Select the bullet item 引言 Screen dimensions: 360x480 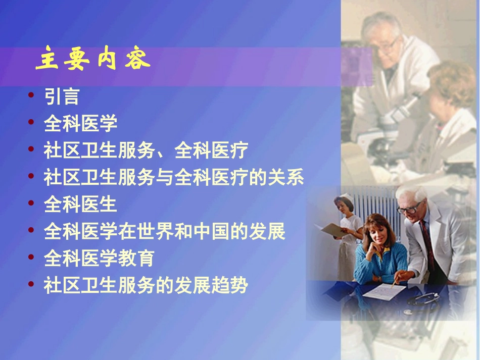(61, 96)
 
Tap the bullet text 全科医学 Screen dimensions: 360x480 (80, 123)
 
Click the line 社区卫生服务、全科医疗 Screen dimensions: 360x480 (146, 150)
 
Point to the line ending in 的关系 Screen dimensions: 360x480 (174, 178)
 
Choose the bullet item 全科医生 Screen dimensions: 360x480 (80, 204)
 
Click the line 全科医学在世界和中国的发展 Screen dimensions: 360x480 (165, 232)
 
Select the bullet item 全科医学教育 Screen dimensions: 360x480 (99, 259)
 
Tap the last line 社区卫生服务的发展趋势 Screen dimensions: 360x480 (146, 286)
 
